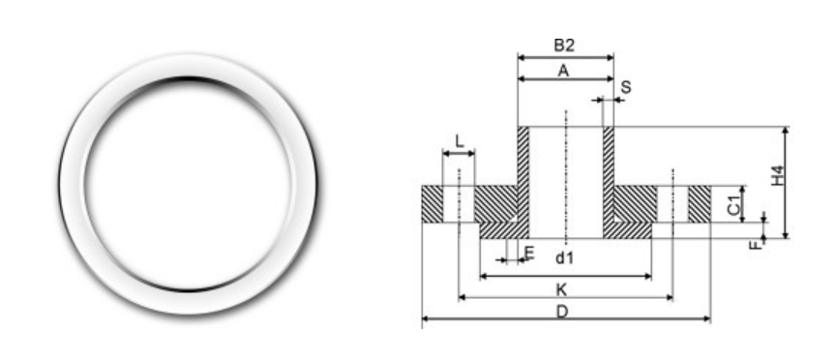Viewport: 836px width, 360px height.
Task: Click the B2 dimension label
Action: coord(565,45)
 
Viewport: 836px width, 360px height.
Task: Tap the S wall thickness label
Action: coord(625,87)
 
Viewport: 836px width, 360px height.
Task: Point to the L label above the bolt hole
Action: coord(459,141)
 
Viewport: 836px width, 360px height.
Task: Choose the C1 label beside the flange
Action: coord(734,203)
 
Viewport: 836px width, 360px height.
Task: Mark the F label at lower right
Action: coord(755,243)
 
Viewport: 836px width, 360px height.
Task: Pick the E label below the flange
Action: coord(528,253)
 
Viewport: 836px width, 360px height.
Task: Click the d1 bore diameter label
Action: coord(565,257)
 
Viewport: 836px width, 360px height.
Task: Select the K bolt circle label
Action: coord(562,289)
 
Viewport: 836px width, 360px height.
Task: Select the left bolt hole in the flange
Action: coord(459,203)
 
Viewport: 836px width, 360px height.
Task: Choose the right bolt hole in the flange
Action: coord(672,203)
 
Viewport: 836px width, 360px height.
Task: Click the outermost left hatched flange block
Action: coord(432,203)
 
